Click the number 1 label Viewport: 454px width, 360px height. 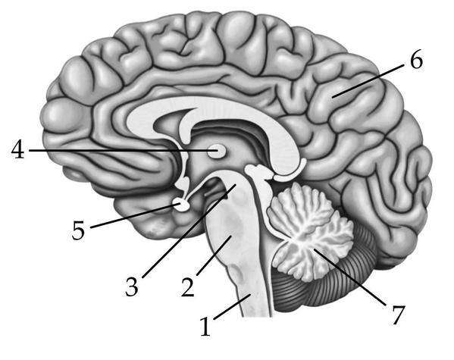205,327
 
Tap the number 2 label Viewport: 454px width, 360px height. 188,286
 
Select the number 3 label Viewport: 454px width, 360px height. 132,286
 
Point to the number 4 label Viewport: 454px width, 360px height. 18,149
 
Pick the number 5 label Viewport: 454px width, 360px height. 78,230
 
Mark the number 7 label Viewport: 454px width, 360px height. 399,315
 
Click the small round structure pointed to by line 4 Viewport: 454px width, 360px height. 217,151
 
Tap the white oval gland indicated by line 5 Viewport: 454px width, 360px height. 182,205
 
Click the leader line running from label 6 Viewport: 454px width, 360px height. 368,81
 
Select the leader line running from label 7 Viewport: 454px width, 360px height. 349,277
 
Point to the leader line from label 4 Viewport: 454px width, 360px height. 123,150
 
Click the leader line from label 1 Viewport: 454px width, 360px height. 232,307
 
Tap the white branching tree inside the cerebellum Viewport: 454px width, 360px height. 310,232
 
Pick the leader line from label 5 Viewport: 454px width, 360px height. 134,216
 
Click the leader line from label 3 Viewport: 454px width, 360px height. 189,231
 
